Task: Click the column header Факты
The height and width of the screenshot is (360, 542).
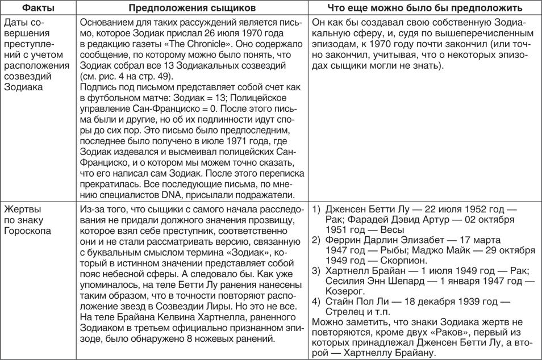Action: click(31, 8)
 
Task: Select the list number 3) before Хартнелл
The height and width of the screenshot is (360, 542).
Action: click(316, 270)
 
